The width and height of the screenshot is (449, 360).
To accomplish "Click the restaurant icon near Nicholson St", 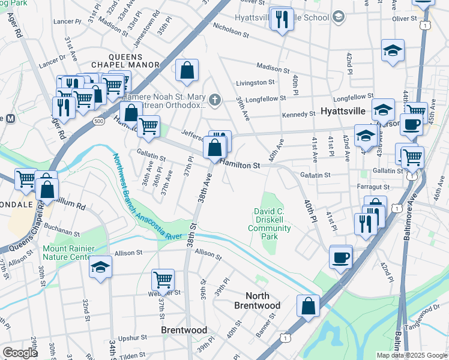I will tap(281, 20).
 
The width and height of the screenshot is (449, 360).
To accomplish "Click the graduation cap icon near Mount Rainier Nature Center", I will tap(100, 267).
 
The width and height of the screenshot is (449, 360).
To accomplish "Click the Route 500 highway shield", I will tap(97, 121).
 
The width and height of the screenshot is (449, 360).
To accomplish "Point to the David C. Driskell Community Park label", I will tap(268, 224).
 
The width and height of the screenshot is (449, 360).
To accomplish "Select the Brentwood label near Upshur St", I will tap(184, 330).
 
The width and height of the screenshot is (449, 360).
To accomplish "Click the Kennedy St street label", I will tap(299, 114).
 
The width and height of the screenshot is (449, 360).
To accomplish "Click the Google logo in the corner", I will tap(20, 353).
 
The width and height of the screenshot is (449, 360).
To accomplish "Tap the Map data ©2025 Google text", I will tap(411, 355).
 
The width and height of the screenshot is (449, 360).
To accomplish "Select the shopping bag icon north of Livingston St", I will tap(187, 71).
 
